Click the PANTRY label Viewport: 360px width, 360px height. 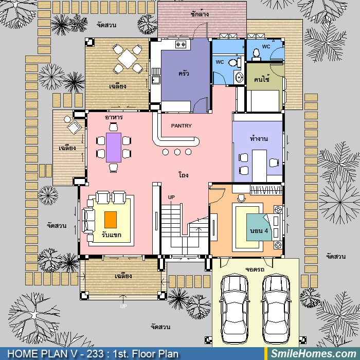pyautogui.click(x=181, y=126)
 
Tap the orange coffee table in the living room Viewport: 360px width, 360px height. pyautogui.click(x=111, y=220)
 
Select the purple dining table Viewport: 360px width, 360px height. pyautogui.click(x=114, y=148)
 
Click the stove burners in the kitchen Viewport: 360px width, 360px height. pyautogui.click(x=181, y=44)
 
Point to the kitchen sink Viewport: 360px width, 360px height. pyautogui.click(x=156, y=80)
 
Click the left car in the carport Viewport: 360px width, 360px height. pyautogui.click(x=234, y=308)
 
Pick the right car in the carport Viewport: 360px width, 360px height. pyautogui.click(x=276, y=308)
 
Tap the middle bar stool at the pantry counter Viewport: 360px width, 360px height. pyautogui.click(x=177, y=152)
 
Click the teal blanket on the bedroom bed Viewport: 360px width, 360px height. pyautogui.click(x=259, y=227)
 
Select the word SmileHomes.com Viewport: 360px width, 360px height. pyautogui.click(x=314, y=354)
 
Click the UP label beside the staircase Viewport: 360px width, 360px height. pyautogui.click(x=171, y=197)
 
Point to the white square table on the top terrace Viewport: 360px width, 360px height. pyautogui.click(x=127, y=59)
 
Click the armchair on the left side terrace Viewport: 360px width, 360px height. pyautogui.click(x=74, y=127)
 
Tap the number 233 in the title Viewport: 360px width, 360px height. pyautogui.click(x=95, y=354)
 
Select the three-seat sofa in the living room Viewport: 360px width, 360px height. pyautogui.click(x=88, y=221)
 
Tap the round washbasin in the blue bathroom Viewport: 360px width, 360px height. pyautogui.click(x=239, y=77)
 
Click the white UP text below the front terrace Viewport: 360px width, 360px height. pyautogui.click(x=123, y=306)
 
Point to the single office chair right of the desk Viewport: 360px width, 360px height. pyautogui.click(x=274, y=163)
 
